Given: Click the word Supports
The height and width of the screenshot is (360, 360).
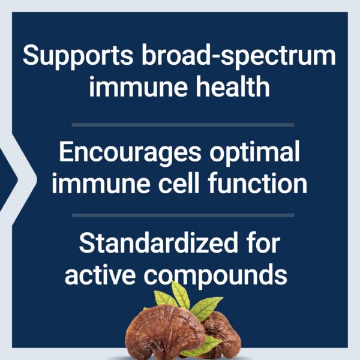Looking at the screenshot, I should (x=76, y=56).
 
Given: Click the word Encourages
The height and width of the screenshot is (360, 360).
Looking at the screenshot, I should (x=128, y=153).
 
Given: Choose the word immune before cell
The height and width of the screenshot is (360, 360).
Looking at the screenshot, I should (x=97, y=184).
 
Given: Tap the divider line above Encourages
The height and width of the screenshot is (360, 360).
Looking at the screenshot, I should (x=183, y=125).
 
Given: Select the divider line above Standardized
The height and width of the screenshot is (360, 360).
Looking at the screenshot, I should (x=183, y=215).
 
